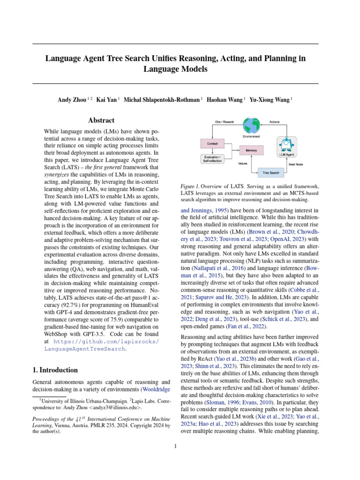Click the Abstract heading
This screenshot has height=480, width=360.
pos(101,120)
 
